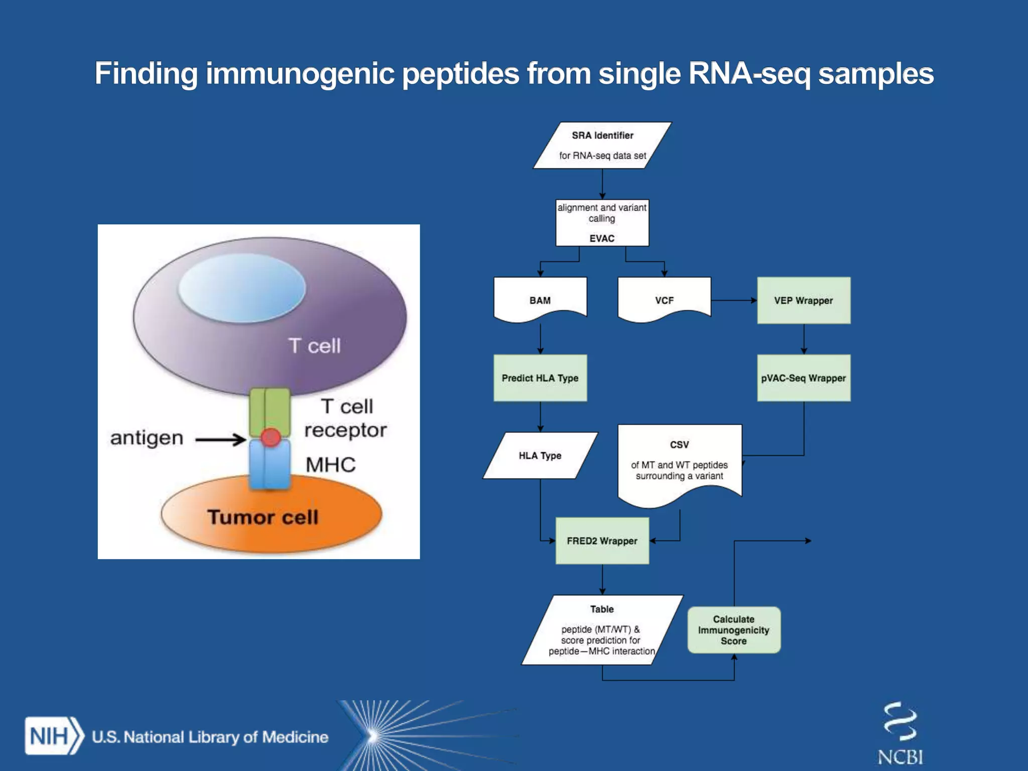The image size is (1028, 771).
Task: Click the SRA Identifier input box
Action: [602, 145]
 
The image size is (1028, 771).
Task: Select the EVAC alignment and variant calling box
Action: [602, 222]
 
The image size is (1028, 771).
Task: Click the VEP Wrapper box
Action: [803, 300]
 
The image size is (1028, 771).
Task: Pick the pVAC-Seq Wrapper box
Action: [803, 378]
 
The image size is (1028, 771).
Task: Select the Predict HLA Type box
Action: [540, 378]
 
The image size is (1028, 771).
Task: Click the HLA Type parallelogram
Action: [540, 455]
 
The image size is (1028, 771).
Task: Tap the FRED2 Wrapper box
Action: [602, 541]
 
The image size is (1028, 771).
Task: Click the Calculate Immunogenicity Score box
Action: [733, 630]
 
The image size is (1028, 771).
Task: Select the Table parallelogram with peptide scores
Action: [602, 630]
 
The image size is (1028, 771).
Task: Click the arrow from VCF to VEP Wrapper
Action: [733, 300]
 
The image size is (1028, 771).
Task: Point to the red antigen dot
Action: [271, 437]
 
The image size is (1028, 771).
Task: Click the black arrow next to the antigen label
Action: [220, 440]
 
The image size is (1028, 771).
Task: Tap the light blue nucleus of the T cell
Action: [242, 288]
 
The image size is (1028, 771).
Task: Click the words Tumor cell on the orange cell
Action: [263, 517]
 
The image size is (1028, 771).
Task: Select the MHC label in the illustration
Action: [330, 465]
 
